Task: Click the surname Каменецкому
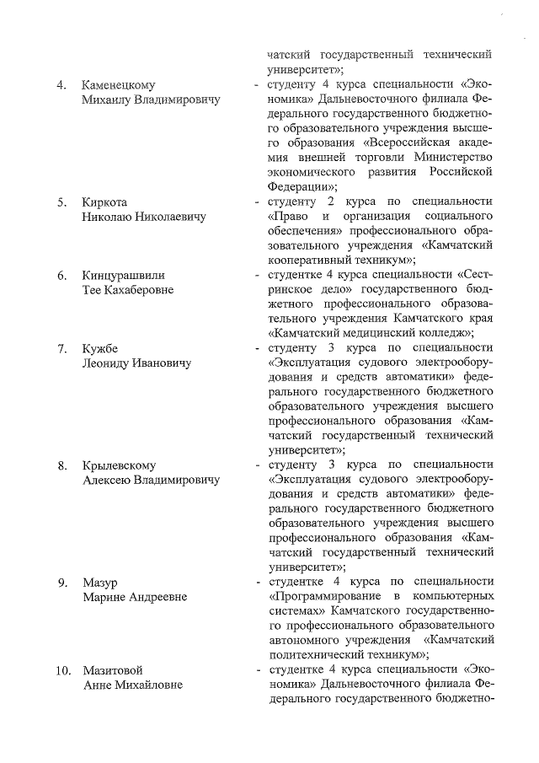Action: [x=119, y=85]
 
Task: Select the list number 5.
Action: [x=61, y=202]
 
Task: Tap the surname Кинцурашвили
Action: [x=123, y=275]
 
